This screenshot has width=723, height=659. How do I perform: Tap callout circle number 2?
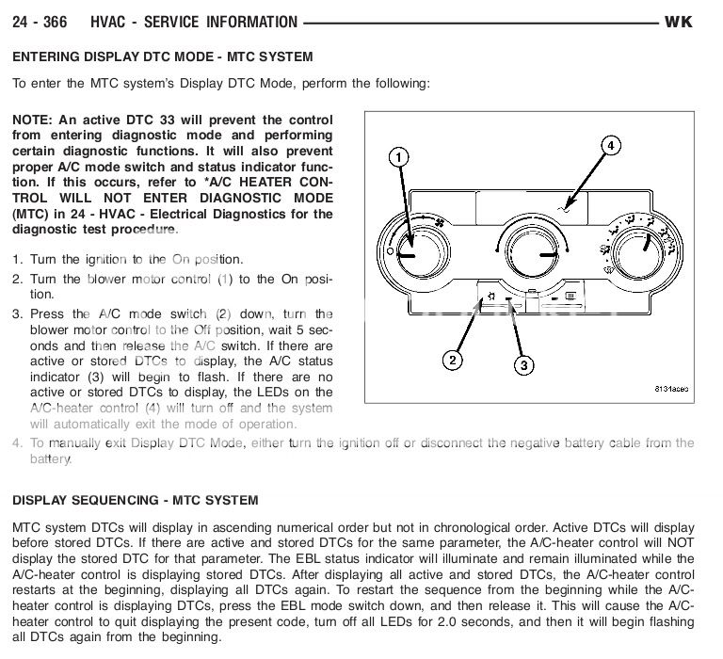coord(453,359)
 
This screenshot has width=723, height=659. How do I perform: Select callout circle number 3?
coord(524,364)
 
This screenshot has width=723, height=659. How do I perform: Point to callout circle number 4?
coord(609,145)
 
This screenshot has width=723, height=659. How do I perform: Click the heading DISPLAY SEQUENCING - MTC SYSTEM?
coord(135,500)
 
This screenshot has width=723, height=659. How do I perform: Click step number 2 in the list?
coord(17,279)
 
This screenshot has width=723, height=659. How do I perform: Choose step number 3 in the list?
coord(17,313)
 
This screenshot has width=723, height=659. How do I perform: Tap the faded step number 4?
coord(17,442)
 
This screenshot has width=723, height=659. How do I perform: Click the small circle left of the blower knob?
coord(389,252)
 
